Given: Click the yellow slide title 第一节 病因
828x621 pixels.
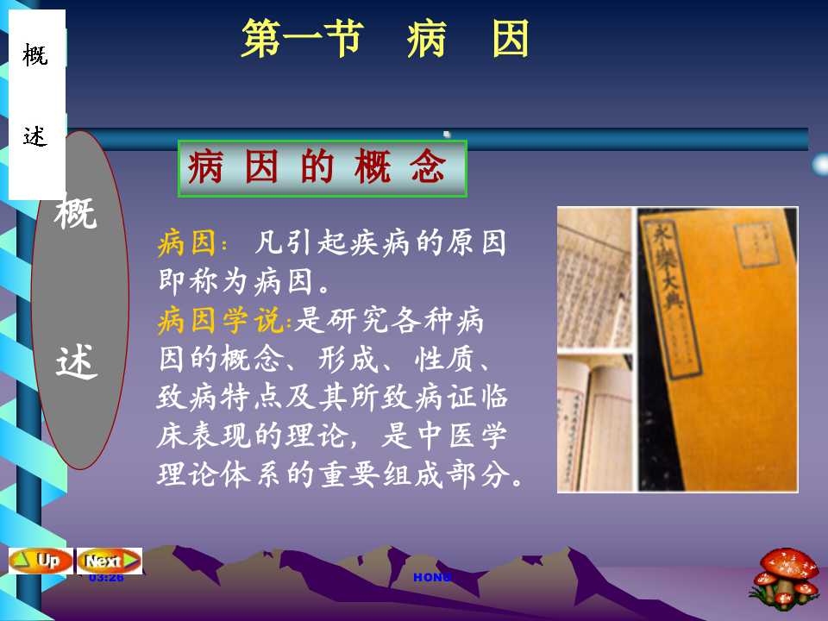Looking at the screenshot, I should tap(385, 40).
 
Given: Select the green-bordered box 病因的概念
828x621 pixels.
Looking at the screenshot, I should tap(322, 168).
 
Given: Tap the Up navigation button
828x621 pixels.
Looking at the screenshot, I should tap(40, 560).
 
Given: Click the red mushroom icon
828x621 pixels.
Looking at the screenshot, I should tap(786, 574).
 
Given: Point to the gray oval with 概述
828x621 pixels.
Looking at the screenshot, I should tap(79, 298).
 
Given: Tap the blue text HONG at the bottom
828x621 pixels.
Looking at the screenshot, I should tap(432, 577).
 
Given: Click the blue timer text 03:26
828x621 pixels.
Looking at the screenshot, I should tap(106, 577).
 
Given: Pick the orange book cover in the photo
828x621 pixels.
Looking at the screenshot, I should tap(716, 349).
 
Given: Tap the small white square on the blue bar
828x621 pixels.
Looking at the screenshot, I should tap(447, 134).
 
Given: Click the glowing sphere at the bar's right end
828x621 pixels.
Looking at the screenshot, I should tap(820, 164).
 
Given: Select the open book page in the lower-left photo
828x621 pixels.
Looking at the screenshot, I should tap(594, 423).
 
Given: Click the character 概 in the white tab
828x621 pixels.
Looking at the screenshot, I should tap(35, 56).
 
